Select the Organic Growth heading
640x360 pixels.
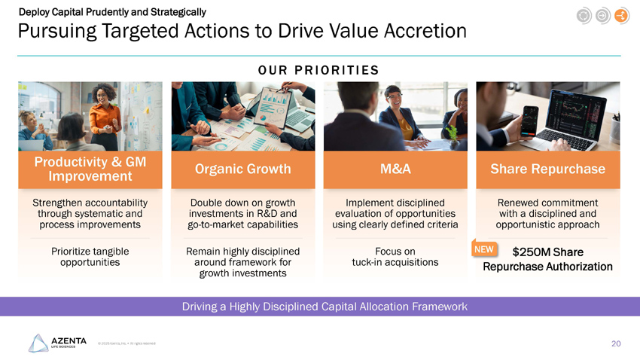[242, 169]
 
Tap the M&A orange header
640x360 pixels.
[396, 169]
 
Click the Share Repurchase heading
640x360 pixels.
[547, 169]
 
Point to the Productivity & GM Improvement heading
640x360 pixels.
[90, 169]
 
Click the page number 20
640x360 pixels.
[616, 343]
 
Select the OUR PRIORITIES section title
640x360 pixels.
[318, 70]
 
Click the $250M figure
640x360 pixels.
[530, 252]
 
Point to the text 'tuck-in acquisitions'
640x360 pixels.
[396, 262]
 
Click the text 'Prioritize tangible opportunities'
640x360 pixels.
[90, 256]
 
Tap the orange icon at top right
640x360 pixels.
[621, 16]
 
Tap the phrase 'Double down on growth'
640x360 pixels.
[242, 203]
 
